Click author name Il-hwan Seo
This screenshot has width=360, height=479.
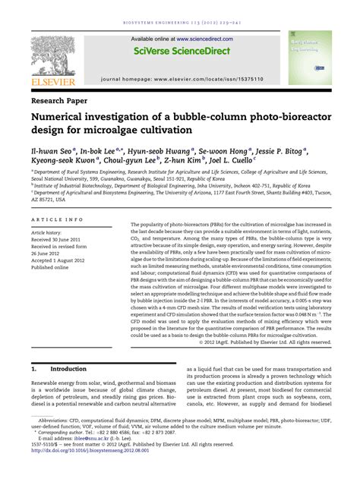click(x=54, y=151)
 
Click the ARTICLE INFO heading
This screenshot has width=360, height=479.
click(x=58, y=219)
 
